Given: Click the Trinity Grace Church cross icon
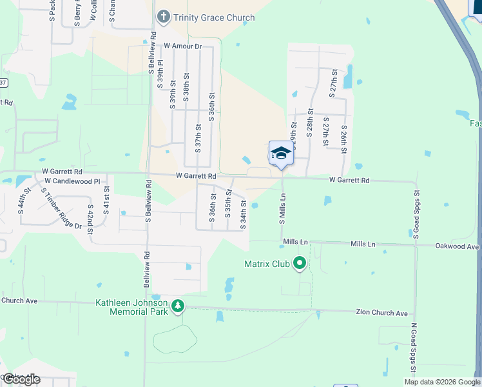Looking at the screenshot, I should point(164,16).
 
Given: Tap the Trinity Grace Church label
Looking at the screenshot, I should point(213,17).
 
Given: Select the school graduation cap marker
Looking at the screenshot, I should point(281,154).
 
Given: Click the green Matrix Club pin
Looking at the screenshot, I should point(299,263).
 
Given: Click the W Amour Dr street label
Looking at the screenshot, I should point(182,46).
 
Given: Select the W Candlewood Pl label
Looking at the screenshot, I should point(72,182).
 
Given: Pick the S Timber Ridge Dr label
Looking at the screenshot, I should point(61,208).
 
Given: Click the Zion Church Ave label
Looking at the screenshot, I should point(382,313).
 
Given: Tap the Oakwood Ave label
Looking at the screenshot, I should point(458,246).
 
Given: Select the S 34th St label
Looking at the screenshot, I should point(244,213).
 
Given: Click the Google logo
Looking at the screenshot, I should point(21,379).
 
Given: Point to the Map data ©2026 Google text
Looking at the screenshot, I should point(441,382).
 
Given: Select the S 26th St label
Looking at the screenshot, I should point(345,139).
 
